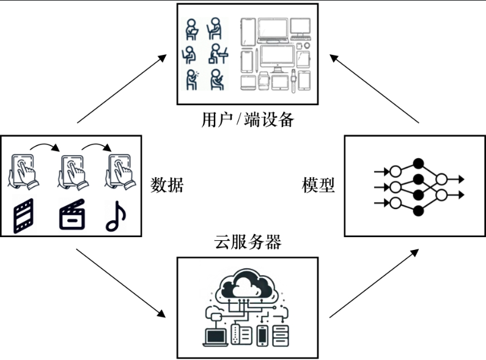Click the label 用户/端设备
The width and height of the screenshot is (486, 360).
point(247,119)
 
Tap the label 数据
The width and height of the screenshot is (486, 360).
point(166,185)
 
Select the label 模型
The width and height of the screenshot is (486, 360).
point(318,185)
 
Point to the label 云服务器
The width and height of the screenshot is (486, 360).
point(248,242)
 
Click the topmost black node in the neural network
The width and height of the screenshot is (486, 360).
point(418,163)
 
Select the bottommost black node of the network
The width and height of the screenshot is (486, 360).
point(418,211)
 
